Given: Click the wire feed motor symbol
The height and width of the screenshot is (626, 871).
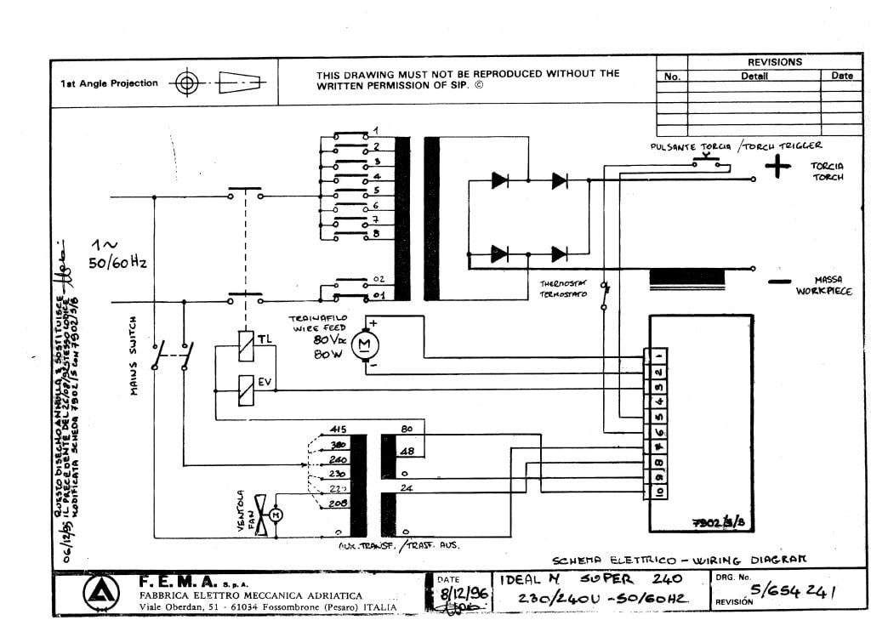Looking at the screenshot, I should pyautogui.click(x=366, y=343).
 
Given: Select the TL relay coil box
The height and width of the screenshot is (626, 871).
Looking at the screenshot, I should pyautogui.click(x=245, y=340).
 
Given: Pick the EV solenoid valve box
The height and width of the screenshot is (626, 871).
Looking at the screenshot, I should pyautogui.click(x=245, y=385).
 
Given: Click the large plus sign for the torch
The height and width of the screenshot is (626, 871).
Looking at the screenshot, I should pyautogui.click(x=777, y=168).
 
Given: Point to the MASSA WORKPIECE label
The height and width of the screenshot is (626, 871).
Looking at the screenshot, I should pyautogui.click(x=823, y=286).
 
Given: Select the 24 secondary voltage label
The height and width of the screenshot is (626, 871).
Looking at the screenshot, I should pyautogui.click(x=407, y=488).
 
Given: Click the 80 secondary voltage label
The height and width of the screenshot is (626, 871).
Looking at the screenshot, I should pyautogui.click(x=407, y=429).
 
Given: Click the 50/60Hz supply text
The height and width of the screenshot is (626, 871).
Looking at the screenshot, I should pyautogui.click(x=119, y=264).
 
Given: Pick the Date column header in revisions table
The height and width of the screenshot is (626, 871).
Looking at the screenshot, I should pyautogui.click(x=841, y=76).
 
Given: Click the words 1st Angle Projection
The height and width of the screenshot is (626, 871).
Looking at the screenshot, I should pyautogui.click(x=109, y=83).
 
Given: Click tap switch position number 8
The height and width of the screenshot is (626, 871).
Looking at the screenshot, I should pyautogui.click(x=375, y=232).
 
